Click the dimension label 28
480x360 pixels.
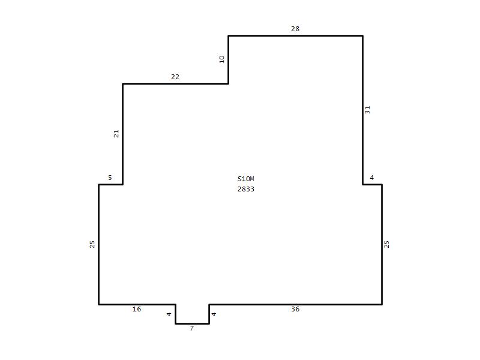295,29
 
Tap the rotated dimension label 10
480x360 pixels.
222,59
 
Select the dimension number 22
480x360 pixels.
175,77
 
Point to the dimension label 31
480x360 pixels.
368,110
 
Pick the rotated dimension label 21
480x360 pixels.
116,134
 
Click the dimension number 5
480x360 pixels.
110,178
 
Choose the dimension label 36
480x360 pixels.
295,309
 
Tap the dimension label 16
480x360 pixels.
137,309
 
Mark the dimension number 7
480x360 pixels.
192,328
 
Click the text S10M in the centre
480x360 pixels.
246,179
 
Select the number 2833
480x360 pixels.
246,189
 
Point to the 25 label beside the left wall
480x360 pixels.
92,244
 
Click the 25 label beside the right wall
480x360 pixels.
386,244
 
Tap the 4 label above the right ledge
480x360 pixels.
371,178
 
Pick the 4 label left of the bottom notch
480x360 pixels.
169,314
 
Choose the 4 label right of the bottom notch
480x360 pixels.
214,314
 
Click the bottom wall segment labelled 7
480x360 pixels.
192,323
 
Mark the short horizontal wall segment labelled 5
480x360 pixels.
111,185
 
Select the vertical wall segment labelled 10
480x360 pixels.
229,59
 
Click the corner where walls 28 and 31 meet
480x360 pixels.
363,36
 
